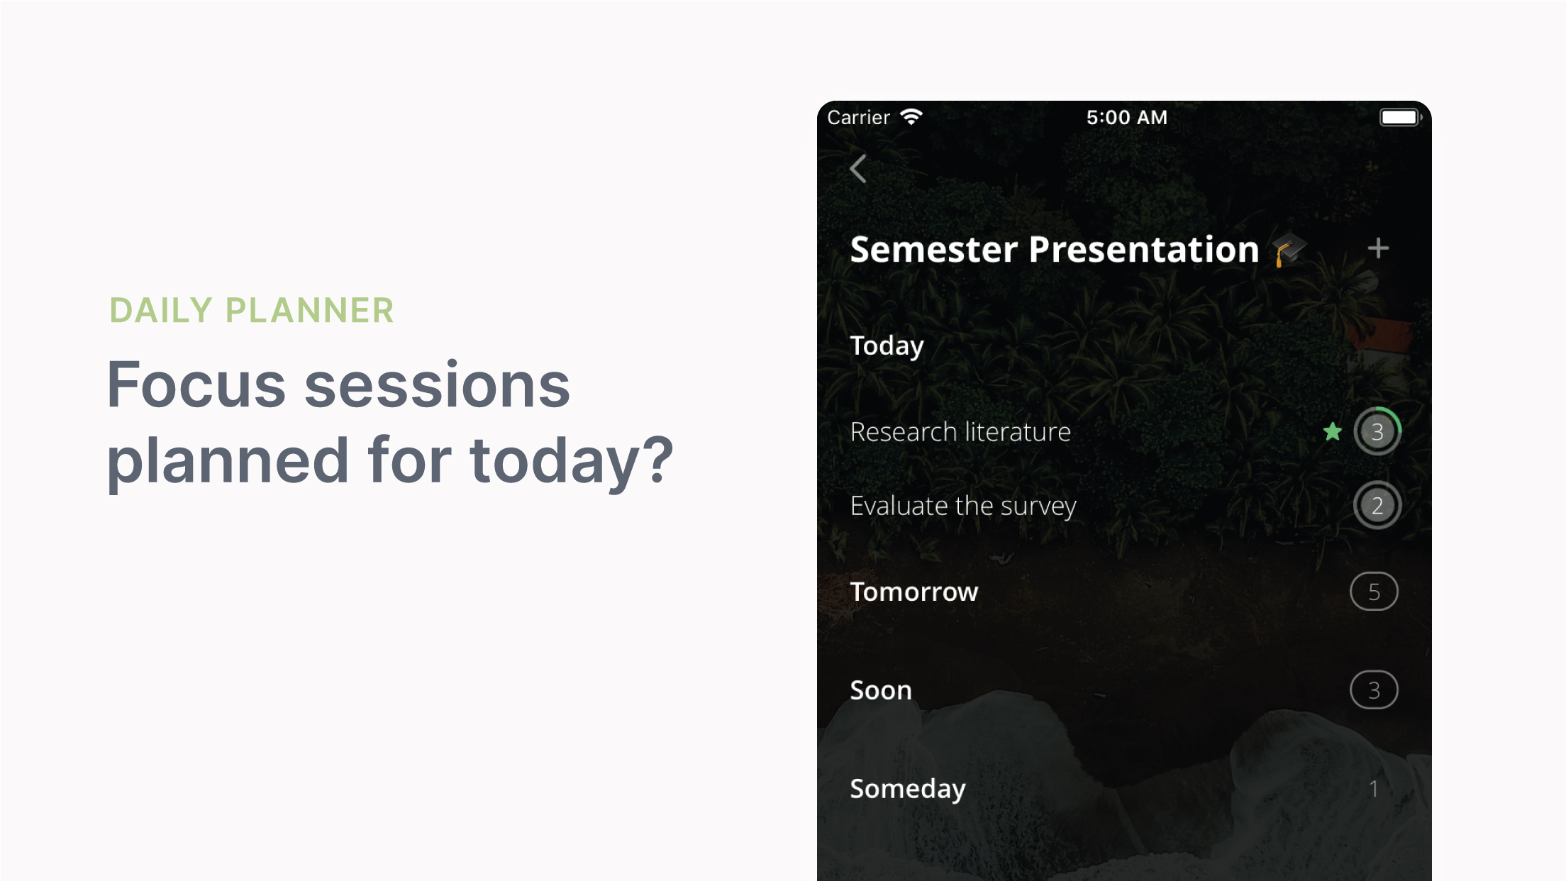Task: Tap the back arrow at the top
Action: pos(858,169)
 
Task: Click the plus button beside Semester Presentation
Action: pos(1378,248)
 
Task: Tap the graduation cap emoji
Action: pos(1289,250)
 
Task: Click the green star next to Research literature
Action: pos(1333,431)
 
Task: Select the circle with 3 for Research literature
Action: pos(1377,431)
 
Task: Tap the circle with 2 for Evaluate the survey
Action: pos(1377,505)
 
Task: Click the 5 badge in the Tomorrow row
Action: pos(1374,592)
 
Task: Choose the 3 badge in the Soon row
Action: pos(1374,690)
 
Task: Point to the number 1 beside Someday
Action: pos(1374,789)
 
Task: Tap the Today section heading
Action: pos(887,346)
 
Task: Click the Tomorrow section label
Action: pos(914,592)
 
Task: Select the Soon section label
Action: pos(881,690)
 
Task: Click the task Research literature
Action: pos(960,431)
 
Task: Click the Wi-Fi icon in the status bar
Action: pos(911,117)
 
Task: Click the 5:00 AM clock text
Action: pos(1127,117)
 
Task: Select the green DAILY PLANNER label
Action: pos(252,311)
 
